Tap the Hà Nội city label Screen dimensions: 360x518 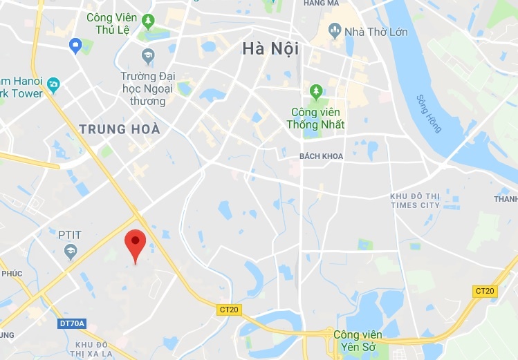coord(270,49)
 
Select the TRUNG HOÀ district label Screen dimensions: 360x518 coord(120,129)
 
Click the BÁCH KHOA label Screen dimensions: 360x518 coord(321,156)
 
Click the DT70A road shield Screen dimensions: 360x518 coord(71,323)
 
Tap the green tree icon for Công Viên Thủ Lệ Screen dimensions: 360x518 coord(147,21)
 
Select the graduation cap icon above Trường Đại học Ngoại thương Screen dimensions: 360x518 coord(147,55)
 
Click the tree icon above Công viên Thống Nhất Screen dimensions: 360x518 coord(316,91)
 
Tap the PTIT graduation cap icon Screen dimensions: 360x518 coord(70,252)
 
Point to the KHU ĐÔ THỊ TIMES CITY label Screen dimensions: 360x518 coord(414,200)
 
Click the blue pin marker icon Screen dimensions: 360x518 coord(76,46)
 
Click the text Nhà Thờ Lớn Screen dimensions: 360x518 coord(376,32)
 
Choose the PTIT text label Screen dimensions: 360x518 coord(70,235)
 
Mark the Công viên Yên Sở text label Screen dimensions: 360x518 coord(360,342)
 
